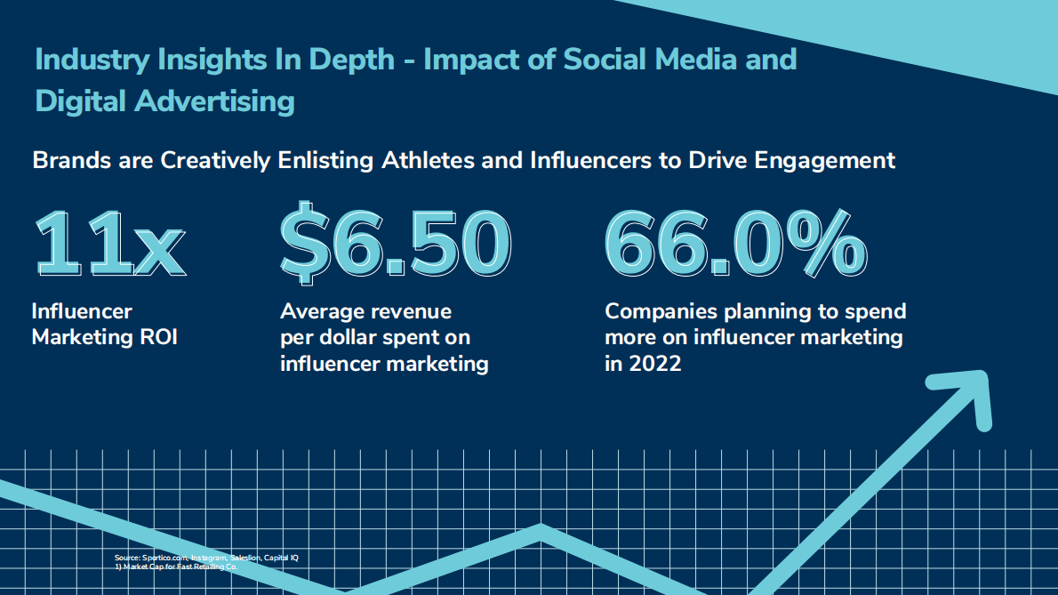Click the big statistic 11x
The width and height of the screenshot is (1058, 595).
pyautogui.click(x=108, y=241)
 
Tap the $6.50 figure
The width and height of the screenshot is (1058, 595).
pyautogui.click(x=396, y=241)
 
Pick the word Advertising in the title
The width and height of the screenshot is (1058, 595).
pyautogui.click(x=214, y=101)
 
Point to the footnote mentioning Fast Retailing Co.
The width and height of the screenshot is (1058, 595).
pyautogui.click(x=175, y=566)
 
